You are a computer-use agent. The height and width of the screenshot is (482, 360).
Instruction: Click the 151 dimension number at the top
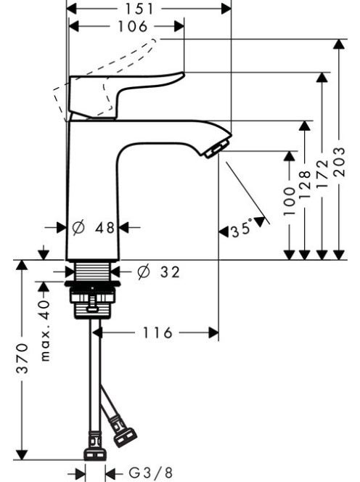139,9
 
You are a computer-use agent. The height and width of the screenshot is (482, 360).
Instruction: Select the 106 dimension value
133,26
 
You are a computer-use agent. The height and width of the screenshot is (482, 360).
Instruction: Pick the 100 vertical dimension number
289,201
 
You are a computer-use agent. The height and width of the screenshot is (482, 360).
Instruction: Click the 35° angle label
242,229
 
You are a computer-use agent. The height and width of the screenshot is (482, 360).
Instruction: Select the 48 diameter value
105,228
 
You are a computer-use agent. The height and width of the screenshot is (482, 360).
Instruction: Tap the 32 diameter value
170,272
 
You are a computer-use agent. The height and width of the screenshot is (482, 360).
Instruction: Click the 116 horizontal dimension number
157,332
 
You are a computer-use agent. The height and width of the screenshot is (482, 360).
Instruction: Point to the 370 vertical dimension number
22,359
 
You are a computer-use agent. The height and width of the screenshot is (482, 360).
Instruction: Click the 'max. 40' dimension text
44,330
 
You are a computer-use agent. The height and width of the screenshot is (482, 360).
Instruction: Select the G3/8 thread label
151,473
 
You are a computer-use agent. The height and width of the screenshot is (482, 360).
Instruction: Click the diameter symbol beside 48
78,228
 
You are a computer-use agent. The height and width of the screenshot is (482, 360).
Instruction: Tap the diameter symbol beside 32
144,272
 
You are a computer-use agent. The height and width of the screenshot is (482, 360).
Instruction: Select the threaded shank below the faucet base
92,271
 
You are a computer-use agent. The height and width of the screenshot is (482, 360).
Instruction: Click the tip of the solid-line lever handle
183,74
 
